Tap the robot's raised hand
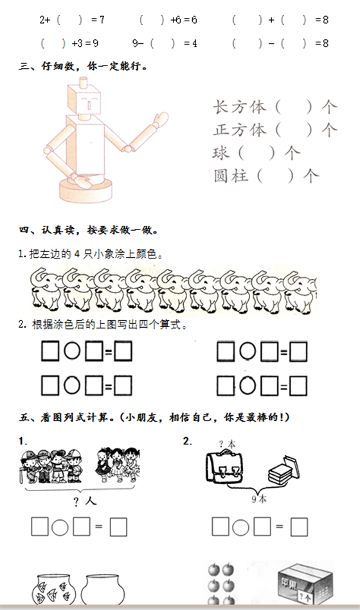point(161,119)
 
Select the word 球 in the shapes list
point(221,153)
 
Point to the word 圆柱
point(231,176)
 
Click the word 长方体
point(239,107)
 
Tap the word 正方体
point(239,130)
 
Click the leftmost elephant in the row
point(45,290)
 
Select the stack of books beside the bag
point(284,471)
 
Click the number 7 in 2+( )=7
point(102,19)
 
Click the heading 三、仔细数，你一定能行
point(83,66)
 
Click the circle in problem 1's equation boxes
point(60,528)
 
